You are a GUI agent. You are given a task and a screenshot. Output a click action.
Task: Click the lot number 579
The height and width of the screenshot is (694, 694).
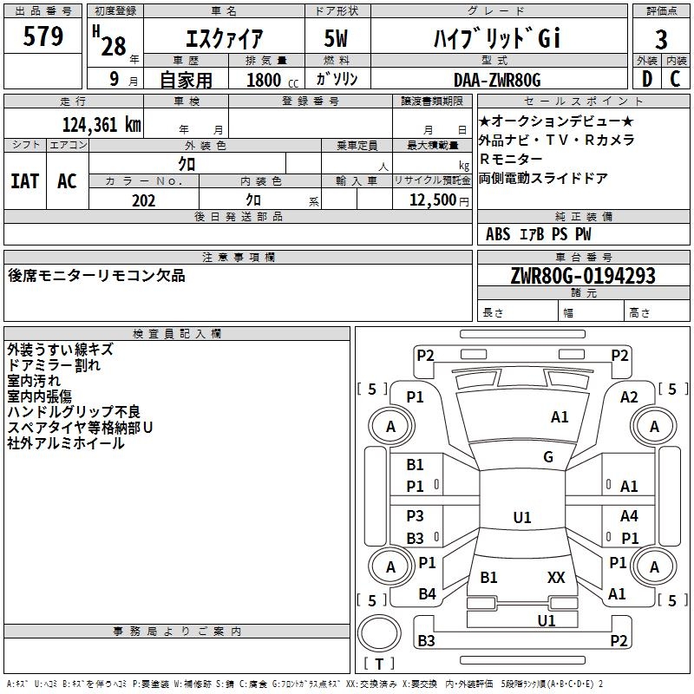coord(43,36)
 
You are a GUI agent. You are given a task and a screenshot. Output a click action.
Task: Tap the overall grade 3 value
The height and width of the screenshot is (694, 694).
coord(661,40)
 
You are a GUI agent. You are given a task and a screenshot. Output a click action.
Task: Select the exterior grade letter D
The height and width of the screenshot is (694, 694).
coord(647,79)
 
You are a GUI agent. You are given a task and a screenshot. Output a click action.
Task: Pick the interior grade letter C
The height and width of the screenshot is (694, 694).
coord(675,79)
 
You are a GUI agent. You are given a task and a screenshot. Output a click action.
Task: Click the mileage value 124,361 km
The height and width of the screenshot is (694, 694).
coord(101,125)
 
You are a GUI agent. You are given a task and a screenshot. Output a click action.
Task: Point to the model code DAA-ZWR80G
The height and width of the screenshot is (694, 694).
coord(497,80)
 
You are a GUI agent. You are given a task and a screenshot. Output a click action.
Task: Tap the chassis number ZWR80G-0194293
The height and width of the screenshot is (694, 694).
coord(583,275)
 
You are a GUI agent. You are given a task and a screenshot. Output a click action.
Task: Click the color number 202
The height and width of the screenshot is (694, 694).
coord(143,200)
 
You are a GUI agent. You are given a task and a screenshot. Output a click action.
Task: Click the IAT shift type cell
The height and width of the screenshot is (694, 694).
coord(25,181)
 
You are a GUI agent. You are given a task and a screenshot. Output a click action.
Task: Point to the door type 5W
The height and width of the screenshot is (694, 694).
coord(336,38)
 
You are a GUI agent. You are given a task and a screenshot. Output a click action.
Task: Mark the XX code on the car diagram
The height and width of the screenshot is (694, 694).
coord(556,577)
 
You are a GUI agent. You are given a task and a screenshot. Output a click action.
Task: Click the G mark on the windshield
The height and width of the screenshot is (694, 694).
coord(548,457)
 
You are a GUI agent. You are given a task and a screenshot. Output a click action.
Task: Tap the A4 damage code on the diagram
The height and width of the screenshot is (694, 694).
coord(629,515)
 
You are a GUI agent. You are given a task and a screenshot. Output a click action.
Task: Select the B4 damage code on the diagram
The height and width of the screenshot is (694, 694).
coord(427,593)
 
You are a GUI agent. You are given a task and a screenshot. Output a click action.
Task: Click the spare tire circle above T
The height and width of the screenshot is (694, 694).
coord(379,633)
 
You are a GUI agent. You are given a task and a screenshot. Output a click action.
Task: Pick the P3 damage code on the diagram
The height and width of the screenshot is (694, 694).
coord(416,515)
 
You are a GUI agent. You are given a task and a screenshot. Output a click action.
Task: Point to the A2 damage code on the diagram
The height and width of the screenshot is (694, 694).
coord(629,397)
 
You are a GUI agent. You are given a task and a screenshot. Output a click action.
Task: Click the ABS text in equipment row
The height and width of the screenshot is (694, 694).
coord(498,234)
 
